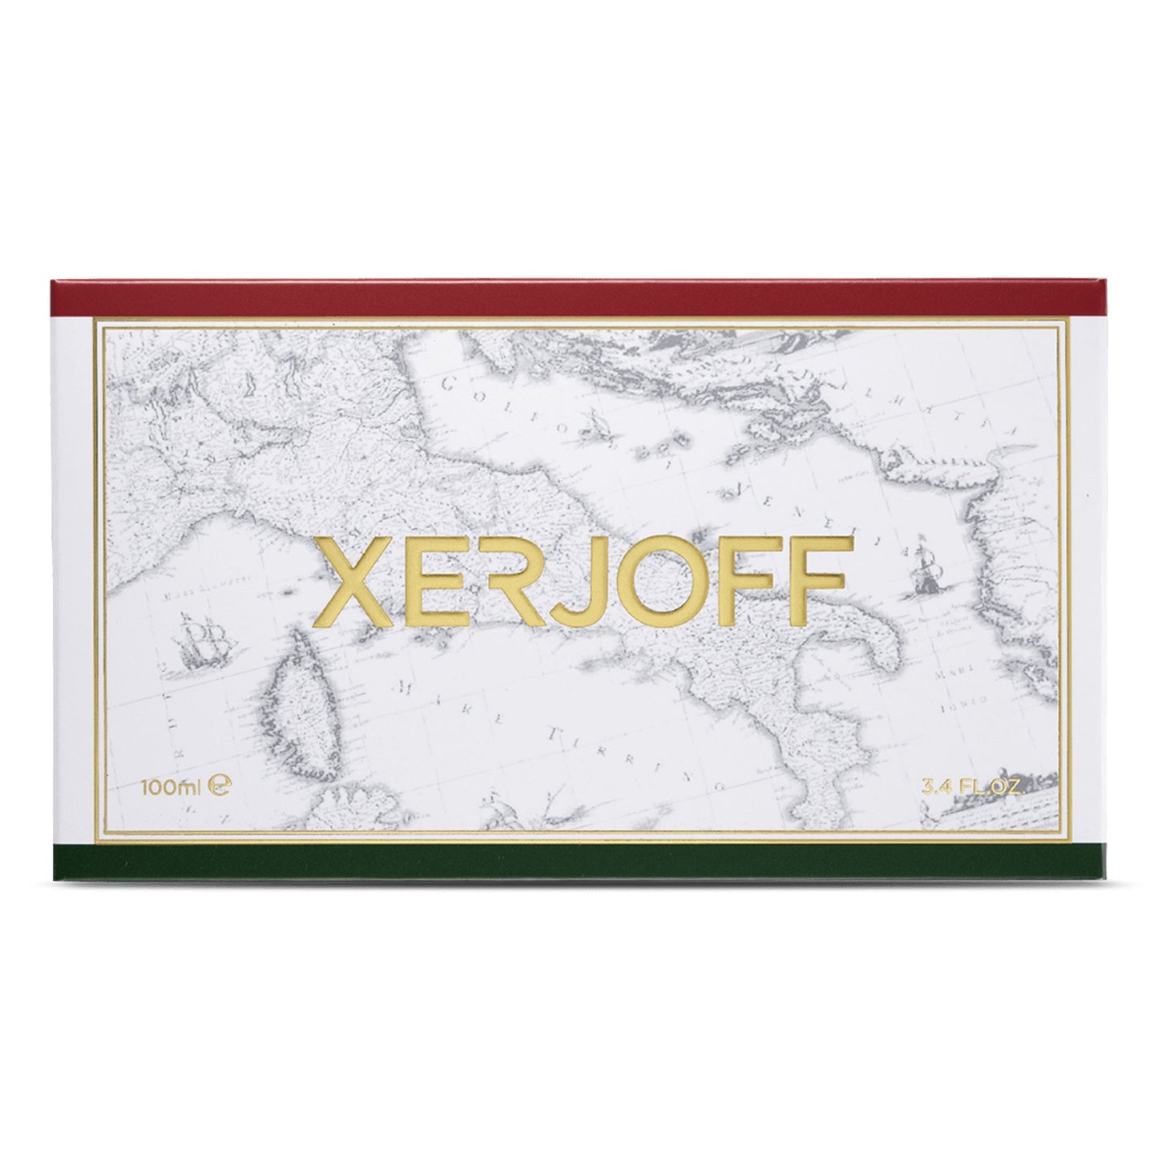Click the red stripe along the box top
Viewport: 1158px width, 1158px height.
pyautogui.click(x=579, y=298)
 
